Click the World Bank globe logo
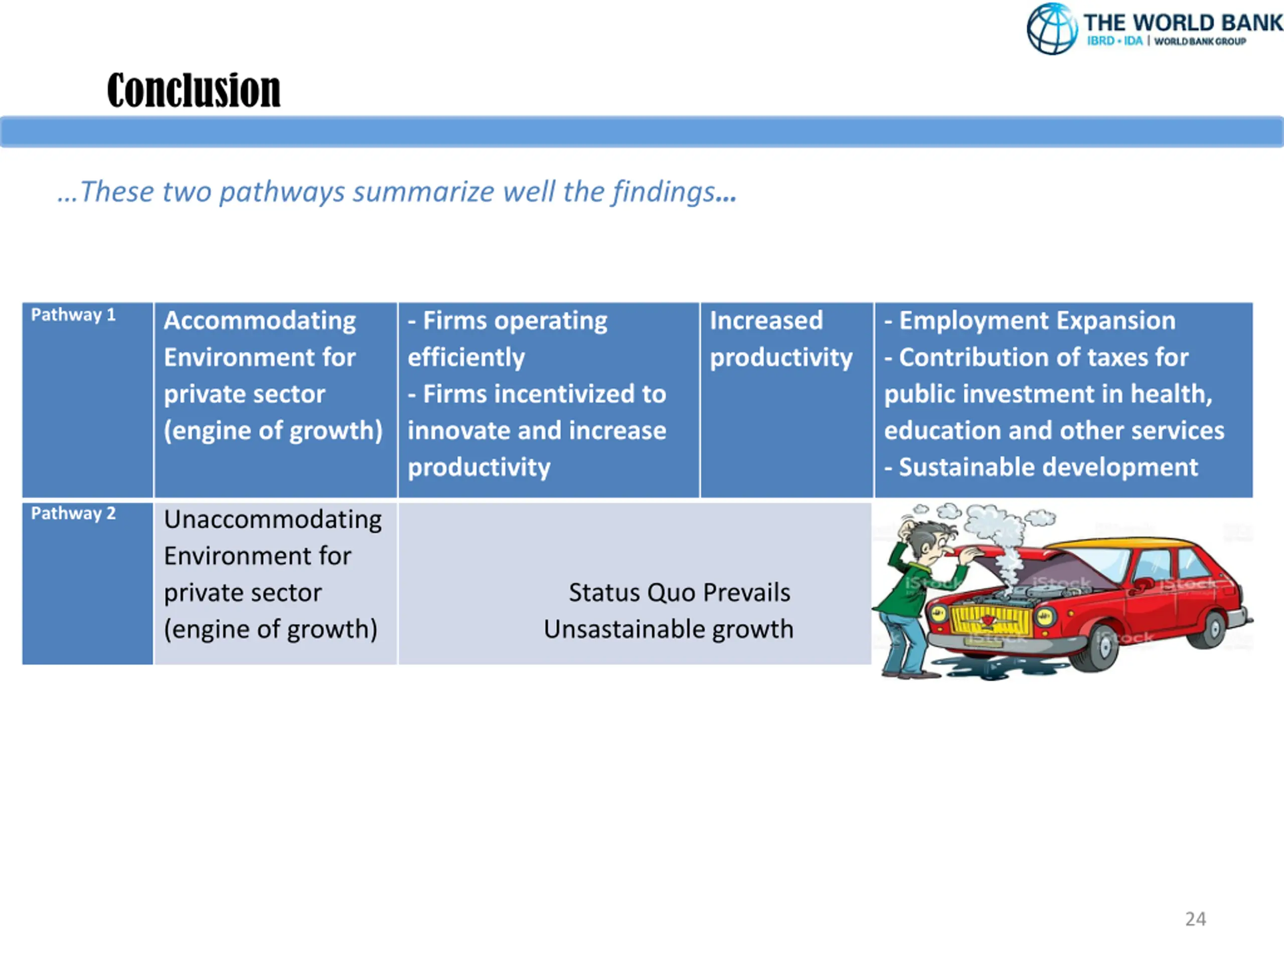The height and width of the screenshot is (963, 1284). (1052, 29)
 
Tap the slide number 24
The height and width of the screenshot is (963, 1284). (1195, 919)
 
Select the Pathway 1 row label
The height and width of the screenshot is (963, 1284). (73, 314)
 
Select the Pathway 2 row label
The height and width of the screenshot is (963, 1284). (73, 513)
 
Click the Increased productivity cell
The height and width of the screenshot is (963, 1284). (781, 339)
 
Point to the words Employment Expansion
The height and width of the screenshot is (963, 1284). (1037, 320)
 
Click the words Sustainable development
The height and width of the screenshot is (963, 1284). (1048, 467)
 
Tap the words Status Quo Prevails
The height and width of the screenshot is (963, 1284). (679, 593)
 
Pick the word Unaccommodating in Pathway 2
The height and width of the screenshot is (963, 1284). (273, 520)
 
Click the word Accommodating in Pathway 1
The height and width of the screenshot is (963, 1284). (259, 321)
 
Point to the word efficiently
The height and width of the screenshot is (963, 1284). (466, 358)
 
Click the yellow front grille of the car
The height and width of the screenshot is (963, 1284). (991, 620)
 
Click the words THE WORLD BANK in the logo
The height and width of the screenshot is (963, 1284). (1182, 23)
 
